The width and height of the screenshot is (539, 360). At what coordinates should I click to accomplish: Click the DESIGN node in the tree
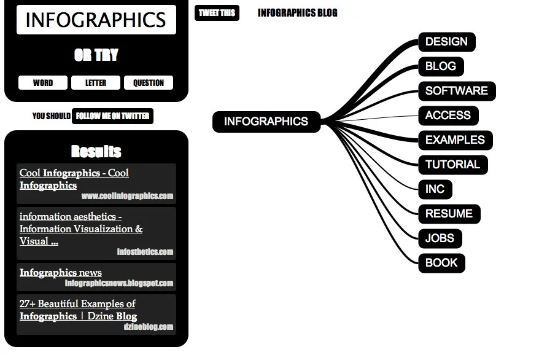point(446,42)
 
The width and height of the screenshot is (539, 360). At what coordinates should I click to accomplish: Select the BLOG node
point(441,66)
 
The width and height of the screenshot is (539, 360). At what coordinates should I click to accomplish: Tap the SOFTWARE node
point(456,91)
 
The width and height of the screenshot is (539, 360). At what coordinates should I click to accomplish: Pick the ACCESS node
point(448,115)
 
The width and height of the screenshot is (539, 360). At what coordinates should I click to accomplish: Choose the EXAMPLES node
point(455,140)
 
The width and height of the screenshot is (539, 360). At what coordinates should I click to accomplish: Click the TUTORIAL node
point(452,165)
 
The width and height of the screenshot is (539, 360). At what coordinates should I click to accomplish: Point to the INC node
point(435,189)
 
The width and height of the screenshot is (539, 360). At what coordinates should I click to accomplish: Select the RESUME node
point(449,214)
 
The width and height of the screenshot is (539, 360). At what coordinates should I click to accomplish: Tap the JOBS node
point(440,238)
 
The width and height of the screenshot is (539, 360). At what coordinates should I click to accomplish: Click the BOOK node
point(441,263)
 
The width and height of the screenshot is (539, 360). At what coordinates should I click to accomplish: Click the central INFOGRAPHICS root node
point(266,122)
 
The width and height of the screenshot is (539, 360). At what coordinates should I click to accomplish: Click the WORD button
point(43,83)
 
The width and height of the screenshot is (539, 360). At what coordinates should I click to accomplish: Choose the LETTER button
point(96,83)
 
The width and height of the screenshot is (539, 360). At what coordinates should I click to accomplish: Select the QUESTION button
point(149,83)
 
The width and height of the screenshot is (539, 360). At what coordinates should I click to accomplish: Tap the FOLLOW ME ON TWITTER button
point(112,116)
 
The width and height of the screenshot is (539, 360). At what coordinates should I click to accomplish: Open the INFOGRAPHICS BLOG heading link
point(297,13)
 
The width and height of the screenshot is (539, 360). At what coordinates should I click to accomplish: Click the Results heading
point(96,152)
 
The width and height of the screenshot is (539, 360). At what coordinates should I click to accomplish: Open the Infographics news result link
point(61,273)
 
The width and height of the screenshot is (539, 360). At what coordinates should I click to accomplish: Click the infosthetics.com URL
point(145,252)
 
